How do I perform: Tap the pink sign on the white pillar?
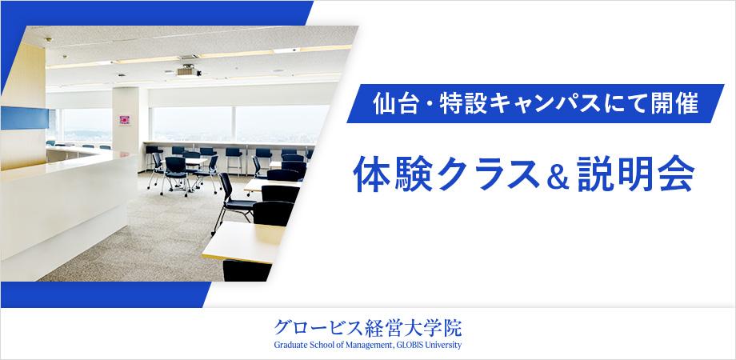point(124,120)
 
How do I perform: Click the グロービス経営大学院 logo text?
point(367,328)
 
